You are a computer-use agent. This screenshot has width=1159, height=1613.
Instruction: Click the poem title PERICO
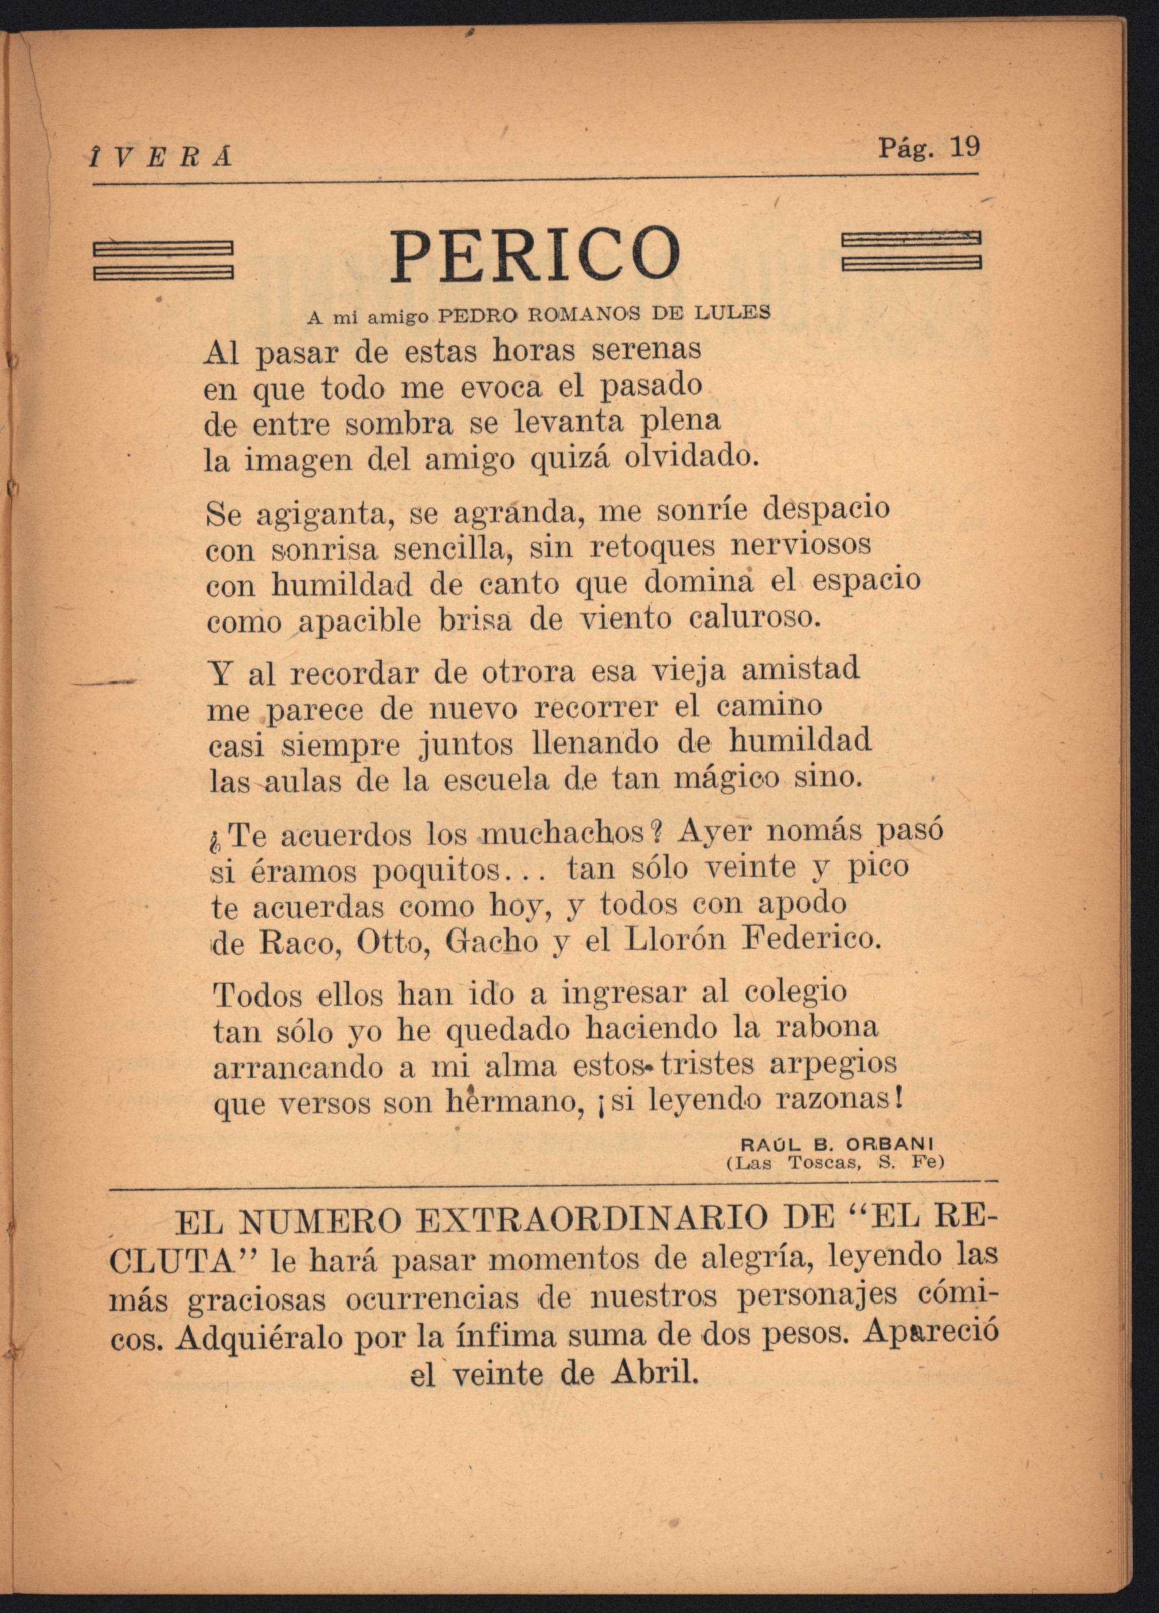point(535,254)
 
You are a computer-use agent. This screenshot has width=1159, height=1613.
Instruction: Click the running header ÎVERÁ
point(161,156)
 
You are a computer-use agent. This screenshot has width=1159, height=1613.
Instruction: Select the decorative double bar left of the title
point(164,260)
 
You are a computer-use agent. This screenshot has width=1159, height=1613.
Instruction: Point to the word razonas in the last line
point(838,1100)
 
